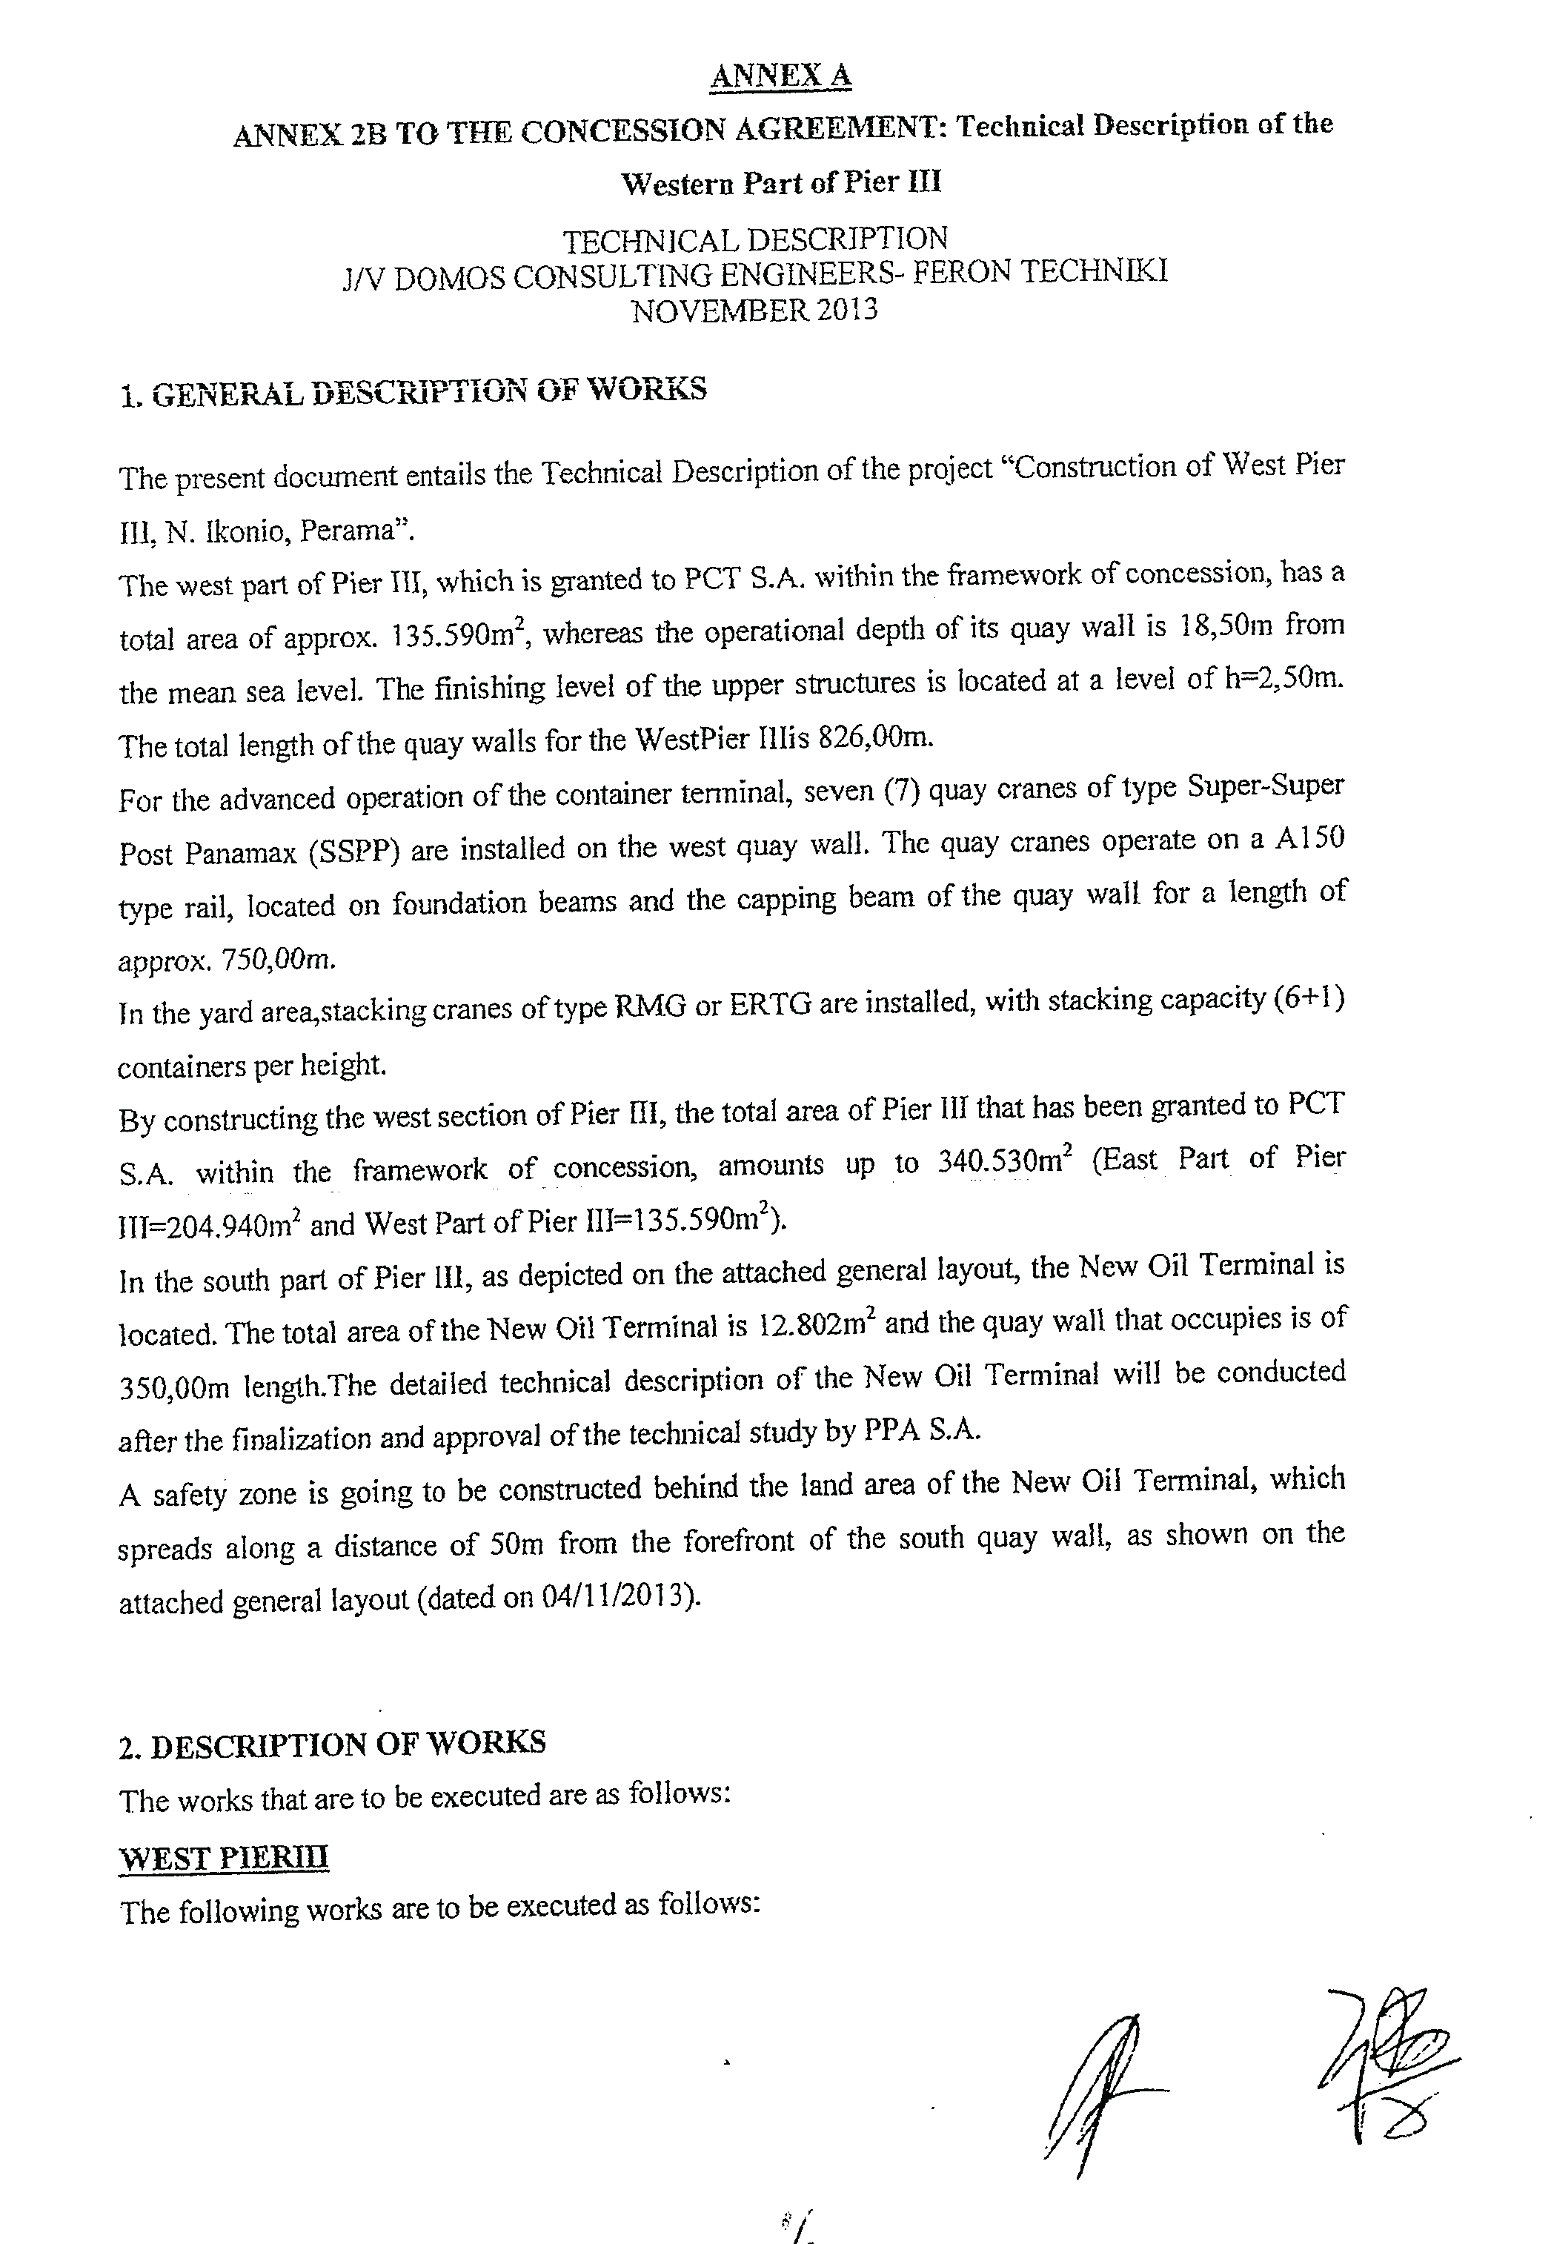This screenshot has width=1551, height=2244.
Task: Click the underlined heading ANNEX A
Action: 780,75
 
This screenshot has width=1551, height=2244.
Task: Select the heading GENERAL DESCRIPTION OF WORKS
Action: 428,391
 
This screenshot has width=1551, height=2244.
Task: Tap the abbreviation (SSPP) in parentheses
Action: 353,852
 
